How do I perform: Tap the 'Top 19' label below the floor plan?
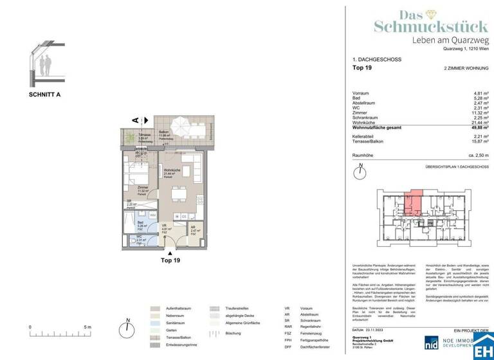click(x=170, y=260)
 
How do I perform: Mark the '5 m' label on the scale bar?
click(x=88, y=327)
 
